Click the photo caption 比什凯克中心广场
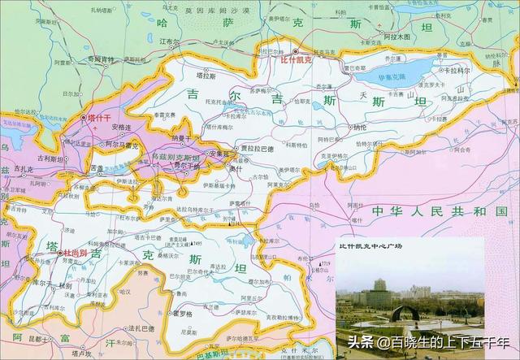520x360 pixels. (373, 245)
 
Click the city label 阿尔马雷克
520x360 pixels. (119, 144)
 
